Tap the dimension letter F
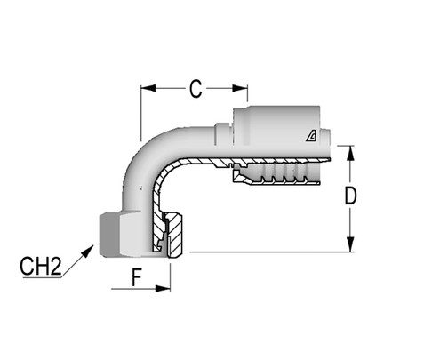tap(138, 276)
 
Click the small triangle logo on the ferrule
tap(310, 135)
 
